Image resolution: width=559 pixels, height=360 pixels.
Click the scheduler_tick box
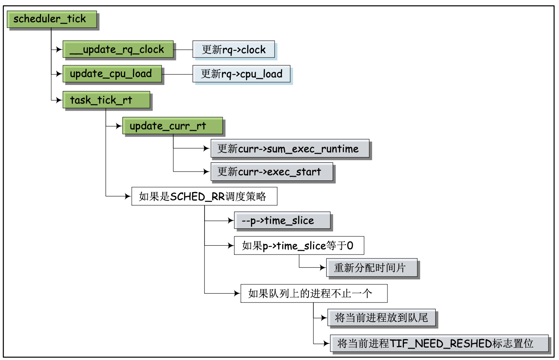coord(52,19)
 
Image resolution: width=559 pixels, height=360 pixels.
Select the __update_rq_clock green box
coord(118,50)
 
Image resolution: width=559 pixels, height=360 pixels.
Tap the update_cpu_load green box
coord(112,74)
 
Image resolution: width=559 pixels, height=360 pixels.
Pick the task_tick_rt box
coord(106,100)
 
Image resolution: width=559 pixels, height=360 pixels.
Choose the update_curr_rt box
coord(172,126)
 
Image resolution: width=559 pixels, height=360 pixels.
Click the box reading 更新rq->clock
coord(234,50)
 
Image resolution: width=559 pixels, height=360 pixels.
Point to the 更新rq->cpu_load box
coord(241,74)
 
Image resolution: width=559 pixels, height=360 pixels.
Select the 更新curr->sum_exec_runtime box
coord(290,149)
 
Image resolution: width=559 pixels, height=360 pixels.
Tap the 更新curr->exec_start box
coord(271,172)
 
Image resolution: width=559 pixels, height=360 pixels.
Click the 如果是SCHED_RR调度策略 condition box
coord(204,197)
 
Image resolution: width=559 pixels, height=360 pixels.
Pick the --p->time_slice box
coord(282,221)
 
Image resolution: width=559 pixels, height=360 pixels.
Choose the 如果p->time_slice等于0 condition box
coord(299,246)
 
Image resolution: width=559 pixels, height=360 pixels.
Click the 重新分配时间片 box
coord(371,268)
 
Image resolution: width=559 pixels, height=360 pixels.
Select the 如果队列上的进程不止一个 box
coord(314,294)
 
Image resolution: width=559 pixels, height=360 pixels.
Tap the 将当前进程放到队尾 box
coord(381,318)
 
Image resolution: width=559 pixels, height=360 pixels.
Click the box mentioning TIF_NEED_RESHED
coord(439,343)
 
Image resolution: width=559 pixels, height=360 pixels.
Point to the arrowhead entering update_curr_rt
coord(119,126)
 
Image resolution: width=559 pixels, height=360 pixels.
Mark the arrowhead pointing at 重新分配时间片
coord(323,268)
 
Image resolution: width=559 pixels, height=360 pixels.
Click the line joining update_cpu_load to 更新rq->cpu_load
coord(177,74)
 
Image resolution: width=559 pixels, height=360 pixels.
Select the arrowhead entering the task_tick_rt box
coord(60,100)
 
